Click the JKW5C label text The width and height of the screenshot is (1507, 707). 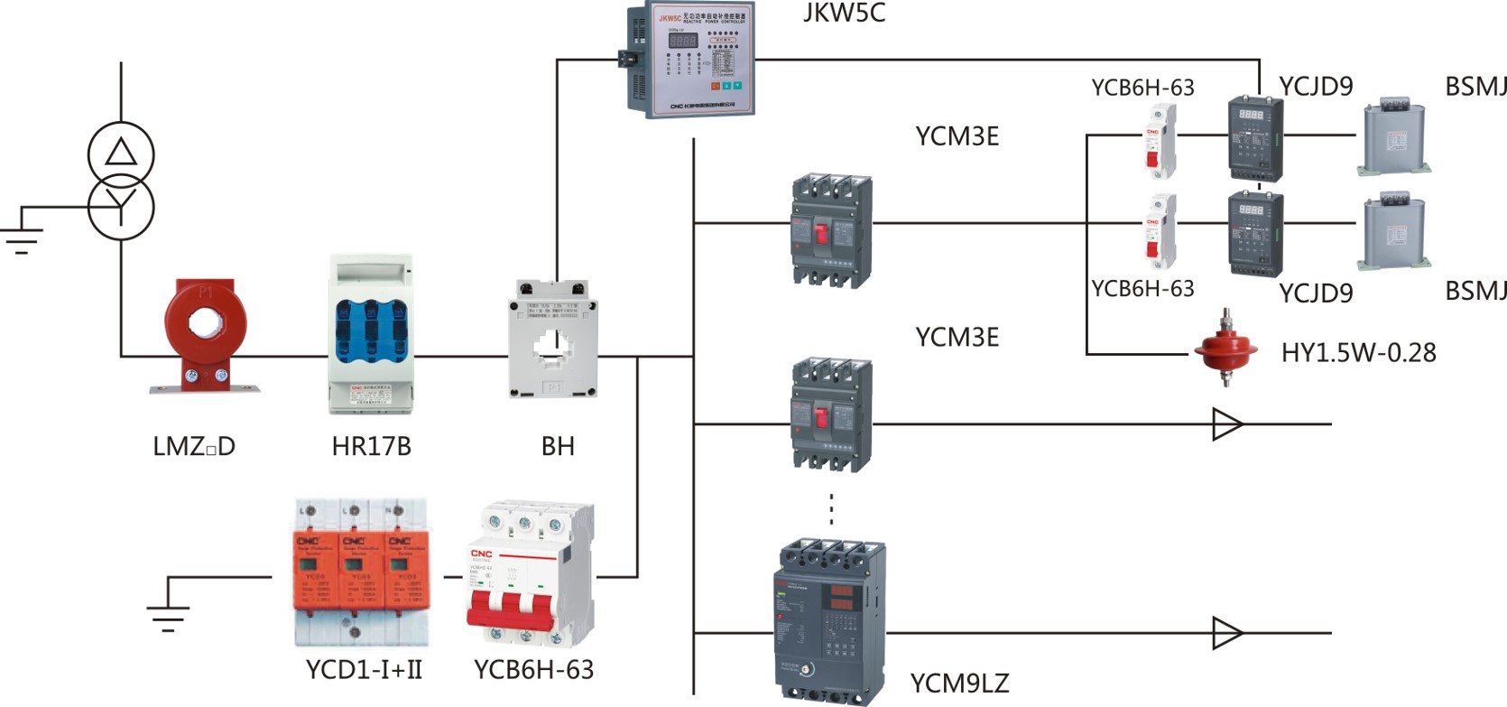click(x=844, y=13)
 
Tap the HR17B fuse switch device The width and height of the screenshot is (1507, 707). click(x=371, y=334)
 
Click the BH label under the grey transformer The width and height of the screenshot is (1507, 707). click(x=558, y=446)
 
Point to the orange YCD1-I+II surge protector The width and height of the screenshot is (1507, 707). click(x=360, y=573)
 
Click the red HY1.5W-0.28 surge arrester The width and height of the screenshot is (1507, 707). click(x=1225, y=348)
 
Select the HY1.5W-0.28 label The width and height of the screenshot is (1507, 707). click(x=1358, y=353)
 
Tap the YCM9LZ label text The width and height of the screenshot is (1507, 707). click(x=959, y=684)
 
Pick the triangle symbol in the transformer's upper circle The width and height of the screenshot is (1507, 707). click(x=121, y=152)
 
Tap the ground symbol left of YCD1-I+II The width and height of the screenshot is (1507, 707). click(x=168, y=607)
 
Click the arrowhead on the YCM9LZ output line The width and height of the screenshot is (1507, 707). click(x=1226, y=633)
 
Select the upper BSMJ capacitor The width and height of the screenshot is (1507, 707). click(x=1394, y=138)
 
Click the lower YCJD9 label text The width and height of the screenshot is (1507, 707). click(x=1316, y=293)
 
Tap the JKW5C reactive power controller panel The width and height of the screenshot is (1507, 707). click(x=691, y=59)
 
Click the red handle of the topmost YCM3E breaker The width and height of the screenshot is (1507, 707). click(x=821, y=233)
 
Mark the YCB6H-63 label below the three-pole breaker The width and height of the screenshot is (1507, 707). click(x=533, y=670)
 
